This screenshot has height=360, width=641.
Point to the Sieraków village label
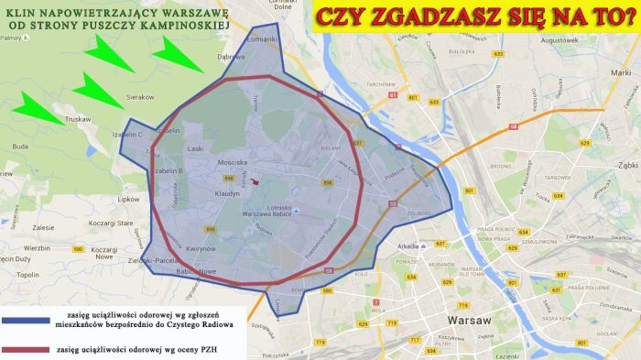139,95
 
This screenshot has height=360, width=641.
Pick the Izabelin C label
128,135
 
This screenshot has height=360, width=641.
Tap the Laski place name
195,147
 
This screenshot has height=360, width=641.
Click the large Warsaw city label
472,320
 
